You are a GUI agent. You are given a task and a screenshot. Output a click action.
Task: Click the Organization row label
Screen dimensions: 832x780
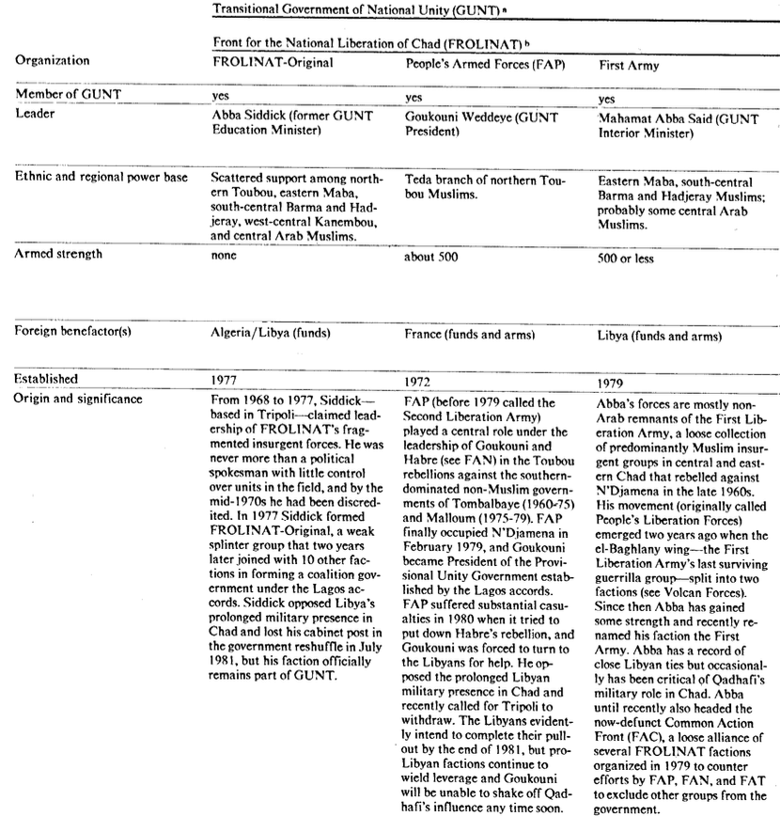tap(54, 61)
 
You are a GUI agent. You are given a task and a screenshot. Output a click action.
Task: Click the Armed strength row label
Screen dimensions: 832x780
tap(58, 254)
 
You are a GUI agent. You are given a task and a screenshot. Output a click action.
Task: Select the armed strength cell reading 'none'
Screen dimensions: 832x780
tap(224, 254)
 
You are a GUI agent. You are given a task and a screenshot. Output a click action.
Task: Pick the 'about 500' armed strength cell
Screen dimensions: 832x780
tap(433, 255)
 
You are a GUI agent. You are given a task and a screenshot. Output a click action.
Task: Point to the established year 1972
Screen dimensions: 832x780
tap(418, 384)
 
